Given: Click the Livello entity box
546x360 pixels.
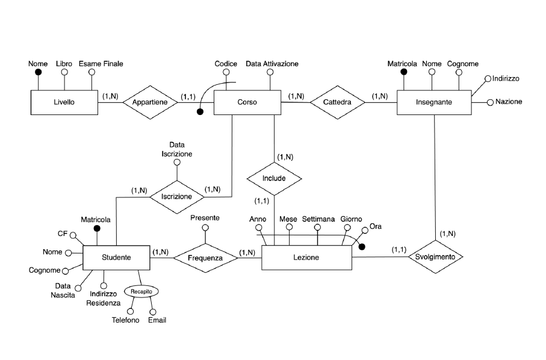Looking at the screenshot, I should coord(64,102).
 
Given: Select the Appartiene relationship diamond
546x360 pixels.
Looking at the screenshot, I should coord(150,102).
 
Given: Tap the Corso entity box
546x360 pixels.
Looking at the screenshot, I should coord(247,102).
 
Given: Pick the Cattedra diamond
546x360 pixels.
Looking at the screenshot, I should coord(337,103).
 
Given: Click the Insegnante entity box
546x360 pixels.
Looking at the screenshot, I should coord(433,103).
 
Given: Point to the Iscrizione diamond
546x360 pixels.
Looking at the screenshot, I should coord(176,196).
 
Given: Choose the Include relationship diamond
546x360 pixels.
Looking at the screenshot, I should coord(274,179).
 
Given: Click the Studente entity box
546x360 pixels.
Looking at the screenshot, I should coord(116,258).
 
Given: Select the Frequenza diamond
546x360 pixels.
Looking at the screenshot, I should coord(205,258).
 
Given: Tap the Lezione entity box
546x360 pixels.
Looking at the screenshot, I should coord(306,258).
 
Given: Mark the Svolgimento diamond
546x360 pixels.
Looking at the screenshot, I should coord(436,257).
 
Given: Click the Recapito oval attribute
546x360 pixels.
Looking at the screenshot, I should coord(142,291).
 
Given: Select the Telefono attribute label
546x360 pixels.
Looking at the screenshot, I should coord(125,320).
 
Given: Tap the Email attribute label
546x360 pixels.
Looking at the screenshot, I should coord(157,320).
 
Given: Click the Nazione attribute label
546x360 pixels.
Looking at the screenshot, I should coord(509,102).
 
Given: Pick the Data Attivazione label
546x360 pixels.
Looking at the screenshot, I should coord(272,63).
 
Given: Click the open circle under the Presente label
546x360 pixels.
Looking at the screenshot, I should coord(205,228).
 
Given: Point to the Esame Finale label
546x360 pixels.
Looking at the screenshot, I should coord(101,63).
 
